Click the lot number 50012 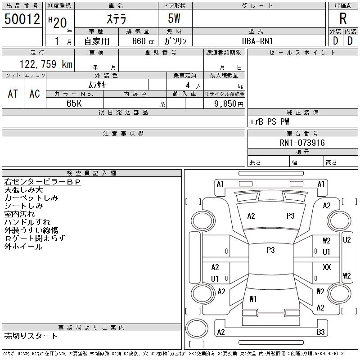[x=22, y=19]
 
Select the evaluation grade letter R [x=343, y=18]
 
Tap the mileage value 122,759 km [x=46, y=64]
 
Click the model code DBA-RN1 [x=257, y=41]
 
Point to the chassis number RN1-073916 [x=302, y=143]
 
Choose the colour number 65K [x=74, y=103]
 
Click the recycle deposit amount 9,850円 [x=229, y=104]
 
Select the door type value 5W [x=174, y=18]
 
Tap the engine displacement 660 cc [x=143, y=41]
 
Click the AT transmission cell [x=13, y=94]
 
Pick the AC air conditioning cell [x=35, y=94]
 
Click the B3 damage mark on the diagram [x=321, y=332]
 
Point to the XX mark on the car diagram [x=327, y=267]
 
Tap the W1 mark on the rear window [x=253, y=299]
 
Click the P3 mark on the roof [x=271, y=250]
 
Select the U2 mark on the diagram [x=346, y=240]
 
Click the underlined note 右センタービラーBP [x=43, y=182]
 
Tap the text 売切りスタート [x=31, y=336]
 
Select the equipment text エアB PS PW [x=269, y=121]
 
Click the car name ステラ [x=117, y=19]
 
